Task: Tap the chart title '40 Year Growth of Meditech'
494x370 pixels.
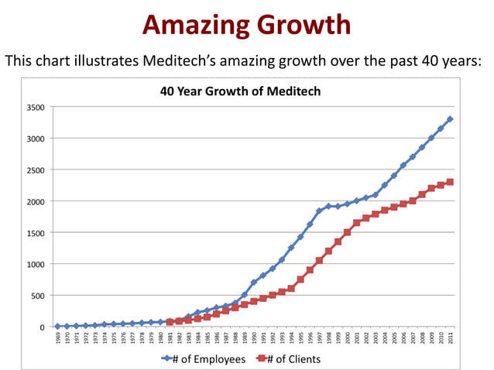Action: (240, 91)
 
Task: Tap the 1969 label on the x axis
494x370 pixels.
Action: (58, 340)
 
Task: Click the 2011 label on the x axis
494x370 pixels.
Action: (450, 340)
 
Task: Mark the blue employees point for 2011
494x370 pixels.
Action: (450, 119)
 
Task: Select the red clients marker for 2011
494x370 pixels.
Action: (450, 182)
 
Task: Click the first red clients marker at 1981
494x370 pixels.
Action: (170, 322)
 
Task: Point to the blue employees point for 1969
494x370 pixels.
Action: (58, 327)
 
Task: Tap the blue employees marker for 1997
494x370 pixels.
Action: (319, 211)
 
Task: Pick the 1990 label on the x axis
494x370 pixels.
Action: (254, 340)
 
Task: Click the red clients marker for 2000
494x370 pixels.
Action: (347, 232)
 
